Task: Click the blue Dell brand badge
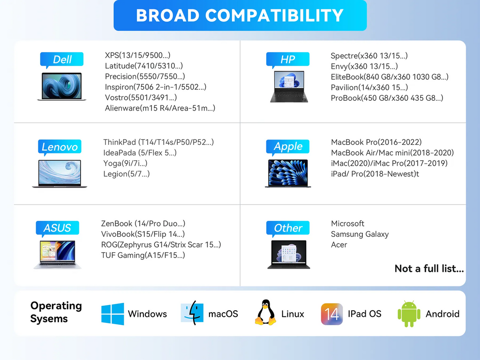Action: tap(62, 60)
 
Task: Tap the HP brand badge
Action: tap(288, 60)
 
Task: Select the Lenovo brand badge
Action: tap(60, 147)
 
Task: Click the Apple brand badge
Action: tap(288, 147)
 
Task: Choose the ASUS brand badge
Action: tap(58, 228)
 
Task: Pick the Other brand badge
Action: tap(288, 228)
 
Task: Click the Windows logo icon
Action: tap(112, 314)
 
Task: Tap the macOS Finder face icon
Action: tap(192, 313)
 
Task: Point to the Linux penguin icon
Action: tap(265, 312)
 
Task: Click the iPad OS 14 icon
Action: tap(332, 314)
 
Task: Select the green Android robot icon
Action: tap(409, 314)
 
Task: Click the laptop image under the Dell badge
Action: tap(62, 87)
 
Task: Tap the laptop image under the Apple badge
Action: tap(288, 173)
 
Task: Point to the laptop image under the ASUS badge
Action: tap(58, 255)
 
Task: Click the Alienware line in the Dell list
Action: tap(160, 108)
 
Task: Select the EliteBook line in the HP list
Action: tap(390, 77)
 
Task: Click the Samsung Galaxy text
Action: tap(360, 234)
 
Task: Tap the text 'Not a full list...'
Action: tap(429, 269)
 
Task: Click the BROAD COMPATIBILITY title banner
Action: tap(240, 15)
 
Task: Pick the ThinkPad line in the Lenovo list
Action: tap(158, 142)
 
